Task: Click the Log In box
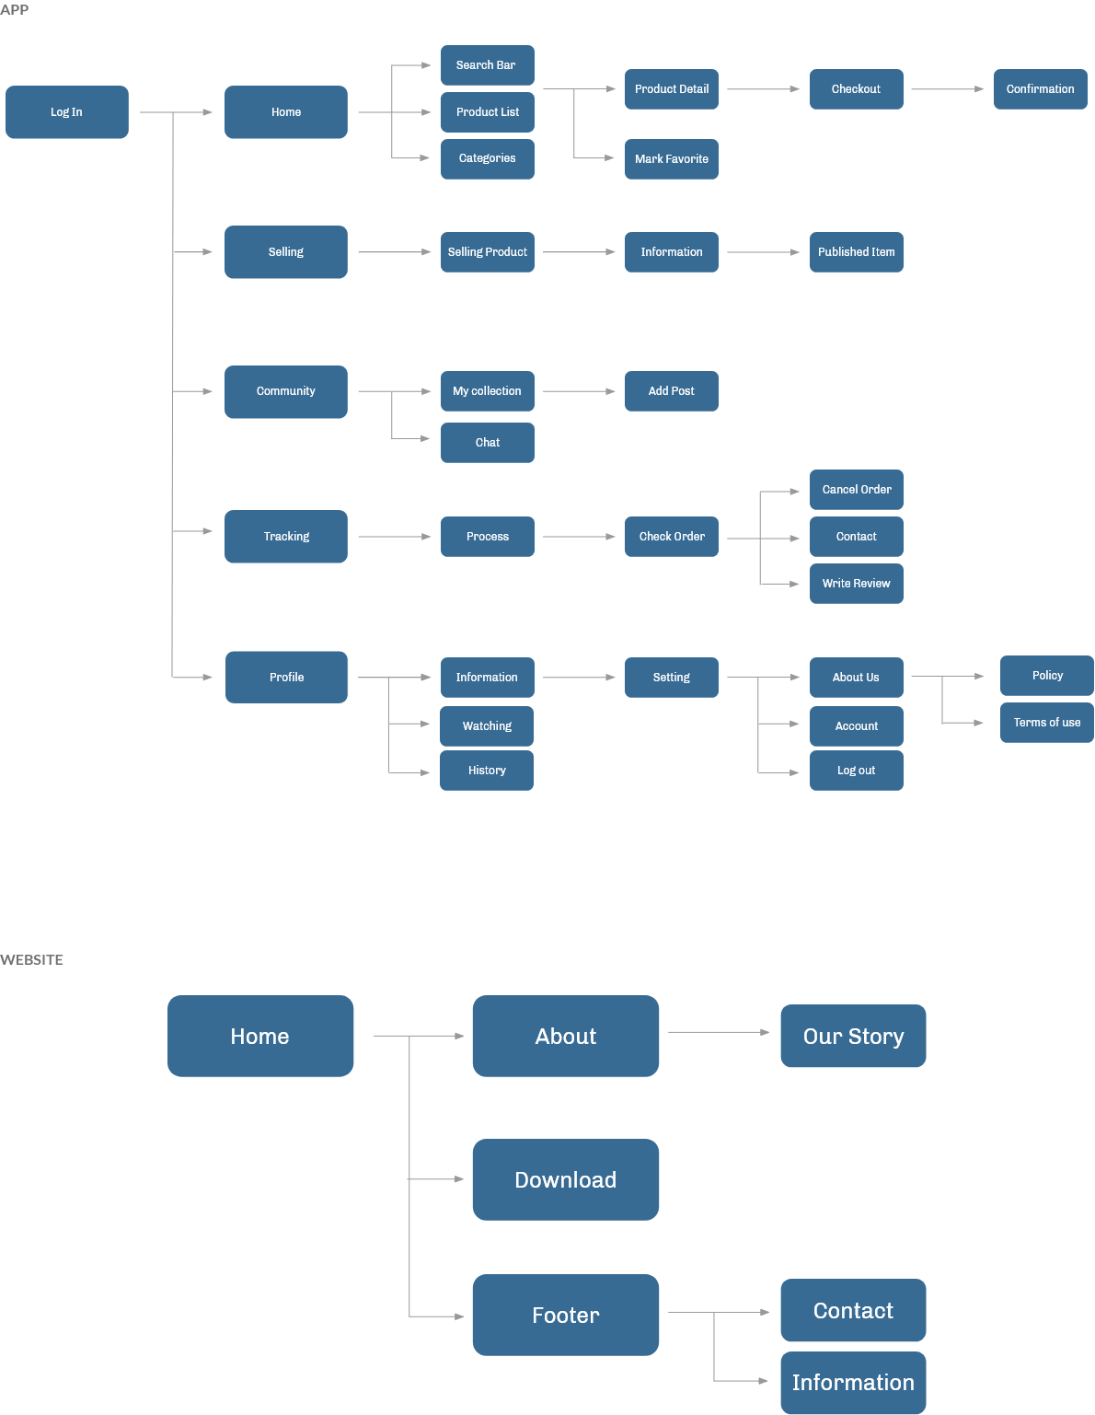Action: (66, 112)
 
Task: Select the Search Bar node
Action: (487, 65)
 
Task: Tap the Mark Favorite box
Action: (672, 159)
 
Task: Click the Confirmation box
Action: (1040, 89)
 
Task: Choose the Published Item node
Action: (856, 252)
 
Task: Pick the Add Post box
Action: (672, 391)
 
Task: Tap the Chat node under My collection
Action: (487, 443)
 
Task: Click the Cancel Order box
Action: (856, 490)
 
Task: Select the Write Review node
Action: (856, 584)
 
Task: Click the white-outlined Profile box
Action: (286, 678)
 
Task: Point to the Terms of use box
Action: (1046, 723)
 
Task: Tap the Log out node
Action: (856, 771)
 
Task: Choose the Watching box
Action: (487, 726)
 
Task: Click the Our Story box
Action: (853, 1037)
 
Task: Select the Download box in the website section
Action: (565, 1180)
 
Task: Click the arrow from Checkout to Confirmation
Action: (947, 89)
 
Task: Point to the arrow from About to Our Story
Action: (719, 1032)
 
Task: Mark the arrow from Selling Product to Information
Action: (579, 252)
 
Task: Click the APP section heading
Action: (15, 9)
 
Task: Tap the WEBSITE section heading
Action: (31, 959)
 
